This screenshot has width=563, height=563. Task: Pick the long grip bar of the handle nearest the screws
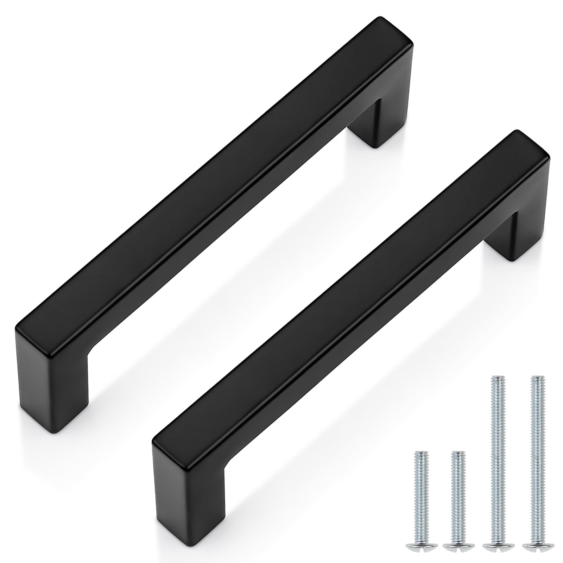(352, 292)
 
